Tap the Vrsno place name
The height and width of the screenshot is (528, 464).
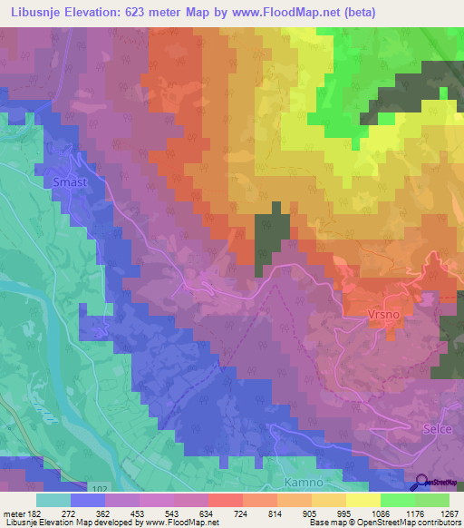[x=382, y=315]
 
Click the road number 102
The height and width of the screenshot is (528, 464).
[x=101, y=488]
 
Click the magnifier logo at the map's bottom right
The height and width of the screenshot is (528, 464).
[x=423, y=483]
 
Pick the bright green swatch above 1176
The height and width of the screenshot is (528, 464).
[x=396, y=499]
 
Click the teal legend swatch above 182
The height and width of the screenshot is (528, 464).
[x=53, y=499]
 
